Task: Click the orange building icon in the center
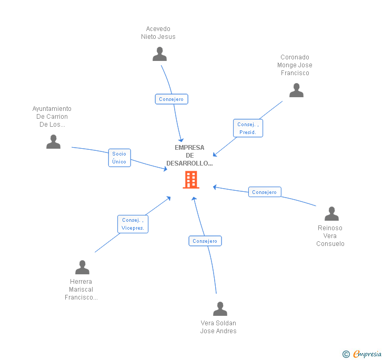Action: pyautogui.click(x=190, y=180)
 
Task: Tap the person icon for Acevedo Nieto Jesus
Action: pyautogui.click(x=159, y=54)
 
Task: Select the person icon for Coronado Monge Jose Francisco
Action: pyautogui.click(x=296, y=90)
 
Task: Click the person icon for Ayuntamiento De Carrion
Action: pyautogui.click(x=53, y=142)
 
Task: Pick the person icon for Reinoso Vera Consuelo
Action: pyautogui.click(x=331, y=213)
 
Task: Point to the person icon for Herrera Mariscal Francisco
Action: pyautogui.click(x=82, y=268)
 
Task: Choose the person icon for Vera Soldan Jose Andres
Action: pyautogui.click(x=220, y=308)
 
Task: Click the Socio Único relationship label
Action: pyautogui.click(x=119, y=158)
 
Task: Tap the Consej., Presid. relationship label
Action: pyautogui.click(x=248, y=128)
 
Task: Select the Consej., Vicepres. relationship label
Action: pyautogui.click(x=133, y=224)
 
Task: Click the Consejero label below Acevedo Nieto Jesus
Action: pyautogui.click(x=172, y=99)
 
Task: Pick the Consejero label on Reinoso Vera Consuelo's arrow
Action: pyautogui.click(x=264, y=192)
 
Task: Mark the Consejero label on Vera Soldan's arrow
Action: pyautogui.click(x=205, y=241)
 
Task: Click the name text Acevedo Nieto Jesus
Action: pyautogui.click(x=158, y=33)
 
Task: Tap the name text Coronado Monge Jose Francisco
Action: pyautogui.click(x=295, y=65)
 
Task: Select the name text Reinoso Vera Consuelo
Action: pyautogui.click(x=330, y=236)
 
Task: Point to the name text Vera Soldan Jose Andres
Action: pyautogui.click(x=218, y=327)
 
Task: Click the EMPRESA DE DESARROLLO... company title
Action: pyautogui.click(x=189, y=156)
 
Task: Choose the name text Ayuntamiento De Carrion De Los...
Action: pyautogui.click(x=52, y=117)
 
